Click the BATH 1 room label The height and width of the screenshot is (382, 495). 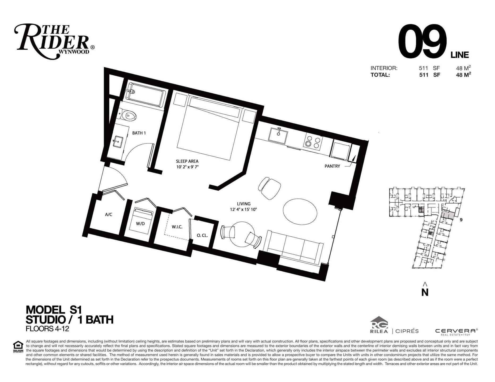[139, 133]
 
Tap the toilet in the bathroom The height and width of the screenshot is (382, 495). [128, 116]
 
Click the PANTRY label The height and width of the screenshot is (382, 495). [332, 166]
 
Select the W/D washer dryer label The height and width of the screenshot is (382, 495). [140, 224]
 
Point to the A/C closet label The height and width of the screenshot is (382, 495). [109, 214]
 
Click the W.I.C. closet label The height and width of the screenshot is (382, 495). [177, 227]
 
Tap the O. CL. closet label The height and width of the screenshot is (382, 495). [202, 235]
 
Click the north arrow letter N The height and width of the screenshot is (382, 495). [425, 292]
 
